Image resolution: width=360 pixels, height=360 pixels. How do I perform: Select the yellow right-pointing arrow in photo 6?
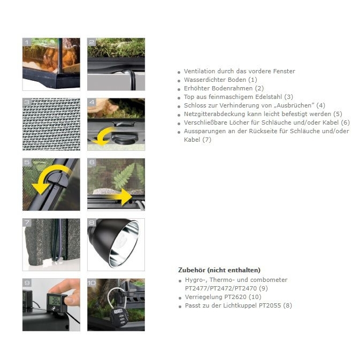point(120,196)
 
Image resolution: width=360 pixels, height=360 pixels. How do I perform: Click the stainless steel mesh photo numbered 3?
point(51,124)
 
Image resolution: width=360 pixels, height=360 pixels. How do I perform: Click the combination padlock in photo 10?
point(118,313)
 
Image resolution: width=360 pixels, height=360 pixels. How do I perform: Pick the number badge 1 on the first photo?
point(27,41)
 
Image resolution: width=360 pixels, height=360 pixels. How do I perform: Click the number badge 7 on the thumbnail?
point(27,221)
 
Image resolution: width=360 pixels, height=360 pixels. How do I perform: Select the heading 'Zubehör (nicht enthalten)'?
point(219,270)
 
